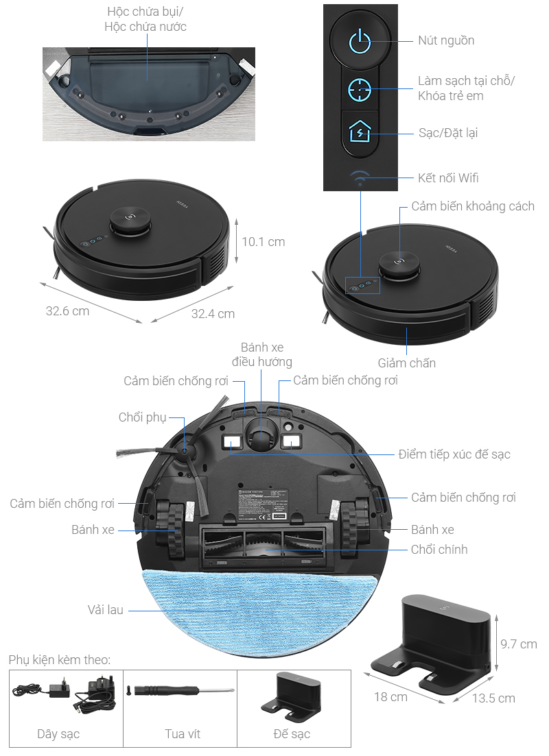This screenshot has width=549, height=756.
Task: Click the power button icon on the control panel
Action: (360, 42)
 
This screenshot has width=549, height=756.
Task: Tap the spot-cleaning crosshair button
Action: (360, 88)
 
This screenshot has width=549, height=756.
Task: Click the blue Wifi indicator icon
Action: (360, 178)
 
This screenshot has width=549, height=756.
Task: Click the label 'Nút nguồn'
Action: (446, 40)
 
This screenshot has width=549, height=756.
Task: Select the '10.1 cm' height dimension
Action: (263, 241)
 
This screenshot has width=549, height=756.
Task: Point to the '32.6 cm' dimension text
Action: (67, 310)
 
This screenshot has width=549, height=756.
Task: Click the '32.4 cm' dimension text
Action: (213, 313)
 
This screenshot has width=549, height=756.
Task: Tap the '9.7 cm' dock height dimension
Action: (518, 644)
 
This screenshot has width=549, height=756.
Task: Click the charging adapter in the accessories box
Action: (62, 689)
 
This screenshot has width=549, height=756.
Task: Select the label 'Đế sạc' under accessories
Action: (292, 734)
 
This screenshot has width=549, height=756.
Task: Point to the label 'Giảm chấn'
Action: (406, 363)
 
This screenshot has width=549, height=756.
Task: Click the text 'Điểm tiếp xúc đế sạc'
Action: (454, 454)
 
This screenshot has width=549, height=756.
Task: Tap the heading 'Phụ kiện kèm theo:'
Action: (60, 659)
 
